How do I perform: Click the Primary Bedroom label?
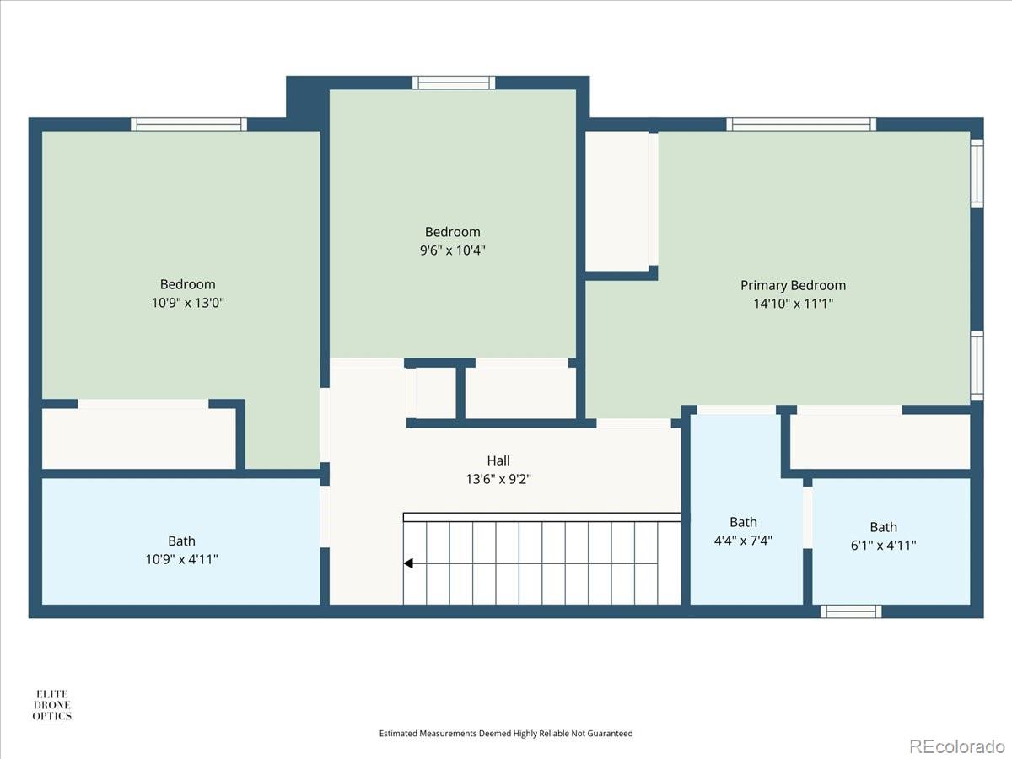click(793, 285)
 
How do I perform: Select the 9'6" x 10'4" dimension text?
click(453, 250)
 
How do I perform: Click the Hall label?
click(498, 460)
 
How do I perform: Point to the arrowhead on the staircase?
click(409, 563)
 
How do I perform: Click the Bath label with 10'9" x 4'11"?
click(181, 541)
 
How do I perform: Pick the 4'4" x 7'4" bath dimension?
click(743, 540)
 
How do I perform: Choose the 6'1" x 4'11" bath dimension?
click(884, 545)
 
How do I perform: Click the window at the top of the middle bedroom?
click(453, 83)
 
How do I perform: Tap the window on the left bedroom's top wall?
click(189, 124)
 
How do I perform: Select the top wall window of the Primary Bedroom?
click(801, 124)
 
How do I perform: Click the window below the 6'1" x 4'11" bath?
click(851, 611)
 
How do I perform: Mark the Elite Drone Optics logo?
click(52, 705)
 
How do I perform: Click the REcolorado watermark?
click(956, 746)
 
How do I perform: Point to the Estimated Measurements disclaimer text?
click(506, 734)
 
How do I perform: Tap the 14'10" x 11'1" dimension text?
click(793, 303)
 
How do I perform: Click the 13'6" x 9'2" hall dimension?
click(498, 478)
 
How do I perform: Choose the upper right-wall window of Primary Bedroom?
click(977, 174)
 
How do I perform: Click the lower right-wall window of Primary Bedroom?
click(977, 365)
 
